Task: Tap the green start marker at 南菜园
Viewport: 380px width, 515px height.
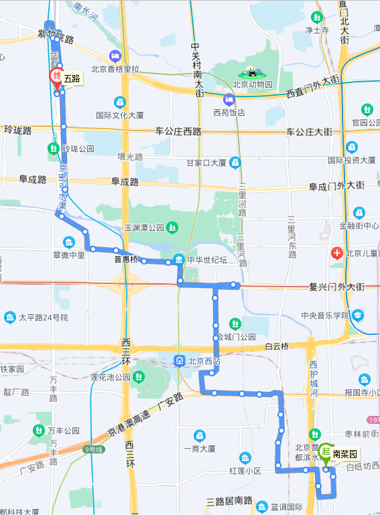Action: pos(325,451)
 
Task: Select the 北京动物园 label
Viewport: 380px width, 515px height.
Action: pos(253,84)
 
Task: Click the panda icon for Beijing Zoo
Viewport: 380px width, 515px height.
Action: pos(253,72)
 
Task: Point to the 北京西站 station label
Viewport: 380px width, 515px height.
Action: pos(205,360)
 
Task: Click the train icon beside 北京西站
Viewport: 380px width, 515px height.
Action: pos(180,360)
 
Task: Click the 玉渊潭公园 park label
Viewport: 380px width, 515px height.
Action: pos(143,228)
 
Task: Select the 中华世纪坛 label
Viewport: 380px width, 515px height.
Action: pos(208,260)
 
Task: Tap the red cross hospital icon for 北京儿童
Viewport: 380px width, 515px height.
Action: pos(339,253)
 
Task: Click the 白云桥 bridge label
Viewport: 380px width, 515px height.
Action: pos(276,346)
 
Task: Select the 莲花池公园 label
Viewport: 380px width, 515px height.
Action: pos(110,377)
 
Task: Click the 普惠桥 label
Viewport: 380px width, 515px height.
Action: pos(126,259)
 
